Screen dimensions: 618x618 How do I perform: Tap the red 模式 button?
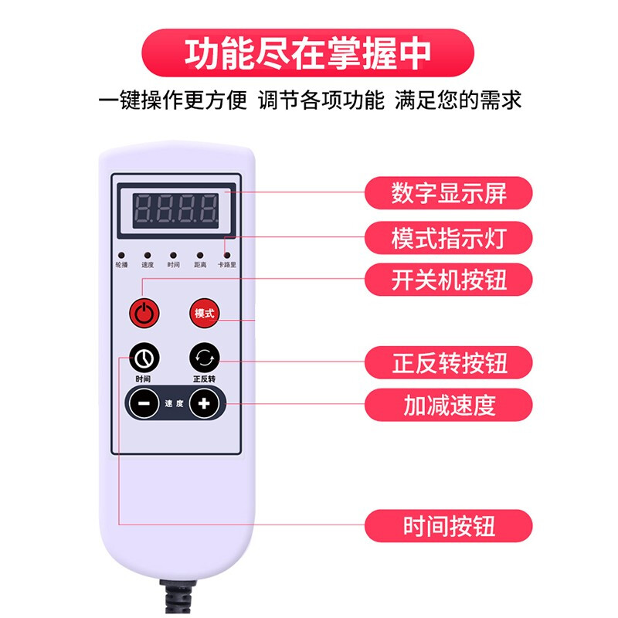pos(205,314)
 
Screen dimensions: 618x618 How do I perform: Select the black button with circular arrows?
pos(205,358)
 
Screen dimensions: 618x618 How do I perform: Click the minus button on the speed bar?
pos(144,403)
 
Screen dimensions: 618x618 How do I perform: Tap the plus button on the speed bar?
pos(205,403)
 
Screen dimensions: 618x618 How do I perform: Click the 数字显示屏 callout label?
pos(449,193)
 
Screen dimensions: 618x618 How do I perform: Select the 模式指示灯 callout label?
pos(449,238)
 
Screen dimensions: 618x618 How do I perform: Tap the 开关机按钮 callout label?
pos(449,279)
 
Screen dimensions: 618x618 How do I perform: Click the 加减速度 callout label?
pos(449,404)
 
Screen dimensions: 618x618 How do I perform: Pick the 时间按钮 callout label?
pos(449,527)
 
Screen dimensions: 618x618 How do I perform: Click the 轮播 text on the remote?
pos(121,265)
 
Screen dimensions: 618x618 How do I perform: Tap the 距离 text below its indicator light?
pos(199,265)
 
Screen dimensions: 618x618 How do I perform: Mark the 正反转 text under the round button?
pos(204,379)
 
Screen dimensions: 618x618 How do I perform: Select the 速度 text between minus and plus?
pos(174,403)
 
